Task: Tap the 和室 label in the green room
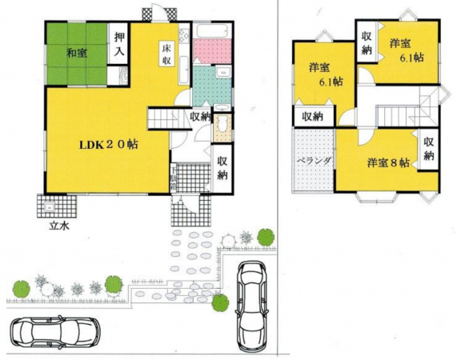pyautogui.click(x=77, y=53)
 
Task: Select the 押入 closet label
pyautogui.click(x=119, y=43)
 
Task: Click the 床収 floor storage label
pyautogui.click(x=166, y=53)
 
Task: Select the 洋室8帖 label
pyautogui.click(x=388, y=162)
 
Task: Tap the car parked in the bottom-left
pyautogui.click(x=54, y=330)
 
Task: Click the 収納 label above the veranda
pyautogui.click(x=312, y=116)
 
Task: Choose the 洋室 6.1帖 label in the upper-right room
pyautogui.click(x=401, y=50)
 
